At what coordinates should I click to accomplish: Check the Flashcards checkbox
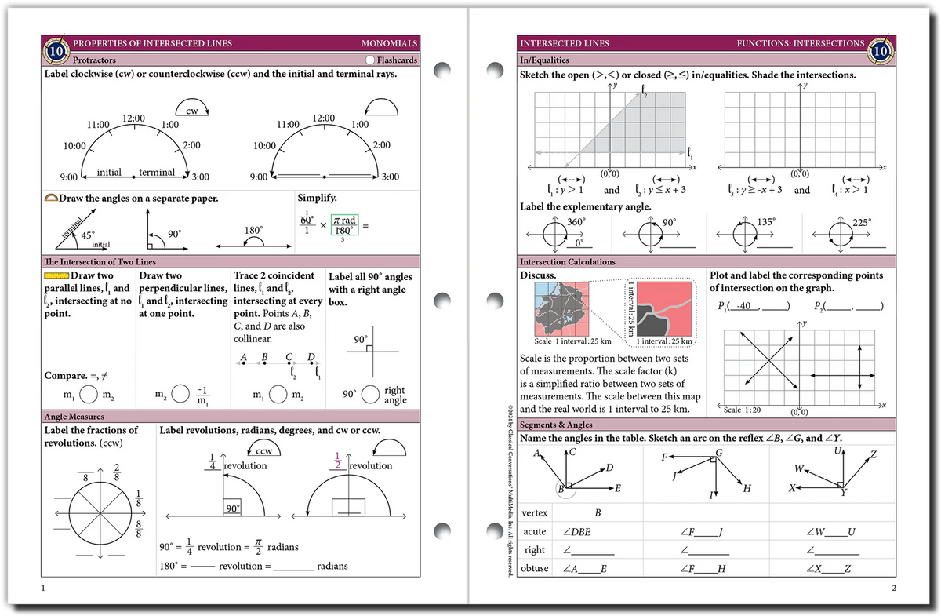(x=370, y=60)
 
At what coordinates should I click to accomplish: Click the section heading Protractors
(x=94, y=60)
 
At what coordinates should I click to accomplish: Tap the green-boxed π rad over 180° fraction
(x=344, y=224)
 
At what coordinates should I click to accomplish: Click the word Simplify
(x=317, y=199)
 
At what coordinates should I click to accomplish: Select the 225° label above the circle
(x=860, y=222)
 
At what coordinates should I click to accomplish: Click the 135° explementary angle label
(x=766, y=222)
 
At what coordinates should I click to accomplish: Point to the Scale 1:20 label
(x=742, y=410)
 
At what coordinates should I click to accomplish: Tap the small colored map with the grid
(x=562, y=309)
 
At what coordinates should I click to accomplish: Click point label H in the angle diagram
(x=747, y=490)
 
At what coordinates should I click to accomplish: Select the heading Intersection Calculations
(x=567, y=261)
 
